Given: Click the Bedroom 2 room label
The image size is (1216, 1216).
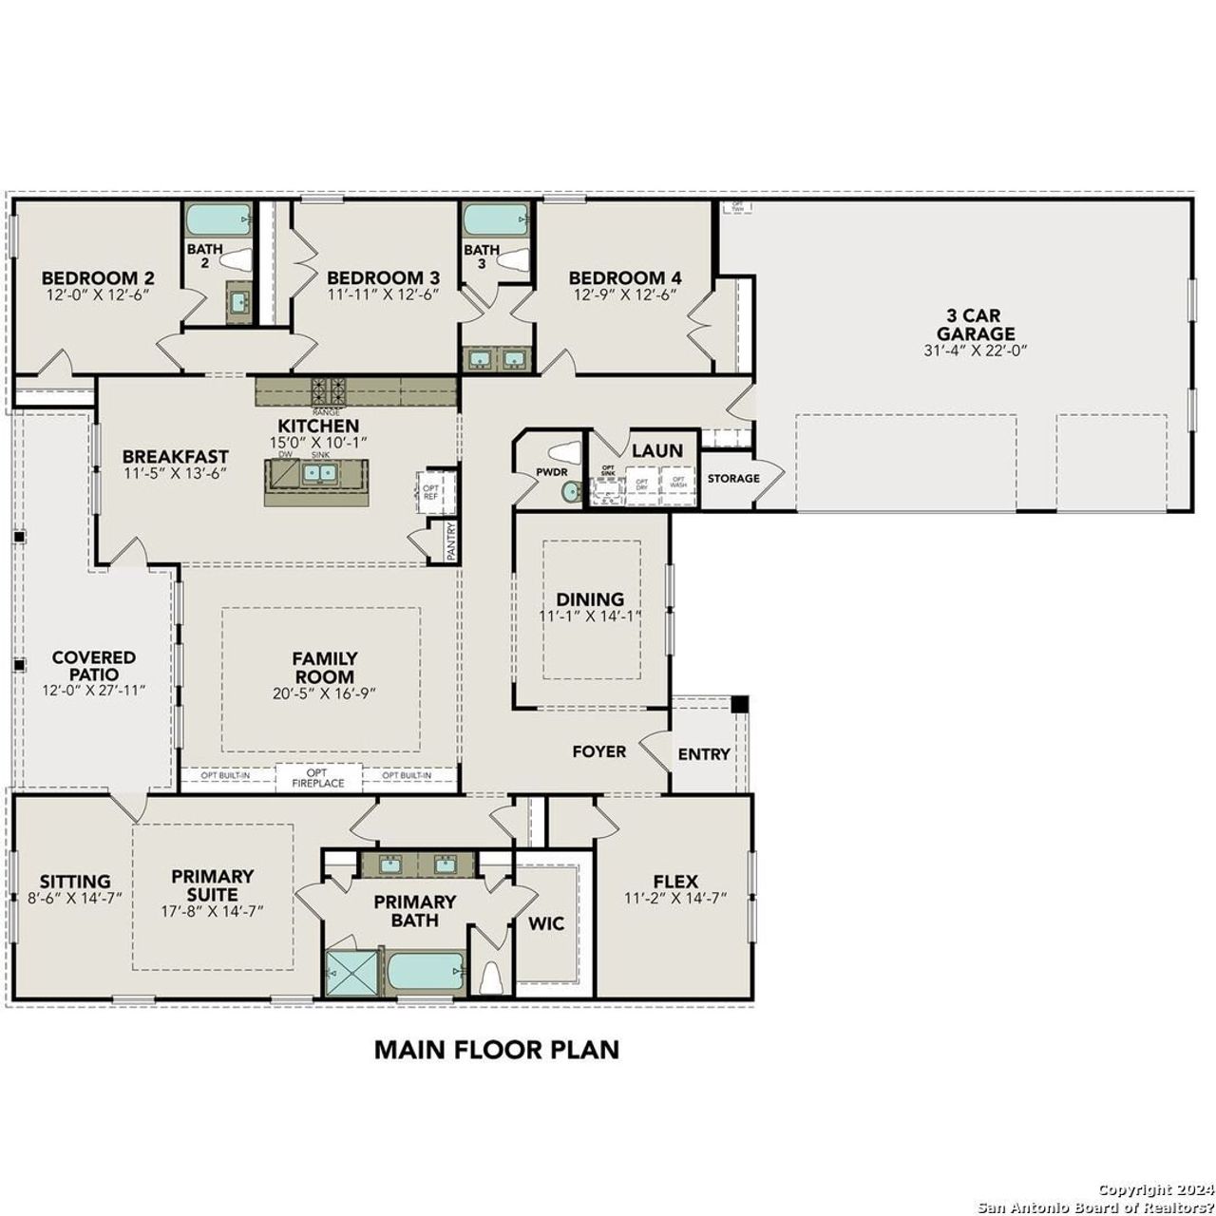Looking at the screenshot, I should pos(98,277).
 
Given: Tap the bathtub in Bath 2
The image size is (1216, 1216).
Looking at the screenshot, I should pos(218,220).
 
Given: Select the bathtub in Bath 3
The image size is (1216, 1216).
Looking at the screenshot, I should pos(494,220).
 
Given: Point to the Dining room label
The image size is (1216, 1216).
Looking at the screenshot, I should pos(590,599).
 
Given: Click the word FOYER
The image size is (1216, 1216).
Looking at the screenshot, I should pos(598,751).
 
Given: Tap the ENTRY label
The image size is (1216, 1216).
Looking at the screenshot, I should pos(704,754).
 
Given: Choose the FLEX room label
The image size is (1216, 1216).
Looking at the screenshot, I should pos(675,881).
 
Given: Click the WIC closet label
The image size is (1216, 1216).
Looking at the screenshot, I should pos(546,923).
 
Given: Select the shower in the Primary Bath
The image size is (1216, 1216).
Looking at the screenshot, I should pos(351,972).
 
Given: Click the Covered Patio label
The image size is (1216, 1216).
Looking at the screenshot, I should pos(93,665).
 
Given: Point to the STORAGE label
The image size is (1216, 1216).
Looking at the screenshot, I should pos(733,478).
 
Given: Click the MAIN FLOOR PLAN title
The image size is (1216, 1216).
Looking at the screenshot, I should pos(496,1049).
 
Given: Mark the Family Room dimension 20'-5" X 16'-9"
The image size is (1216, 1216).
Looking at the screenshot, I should pos(324,693).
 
